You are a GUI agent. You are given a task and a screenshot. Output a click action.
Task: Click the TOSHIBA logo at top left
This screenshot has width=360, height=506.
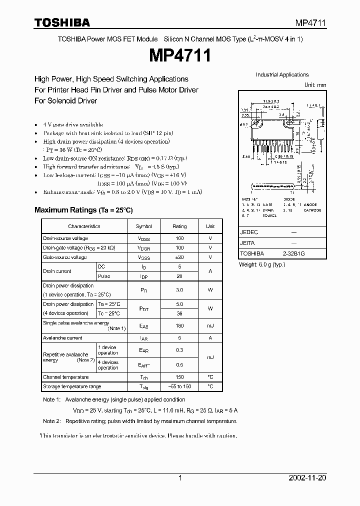62,22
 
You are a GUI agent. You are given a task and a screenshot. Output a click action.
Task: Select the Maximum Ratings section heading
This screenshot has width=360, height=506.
83,210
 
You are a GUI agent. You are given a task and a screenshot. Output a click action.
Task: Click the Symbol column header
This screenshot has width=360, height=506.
144,226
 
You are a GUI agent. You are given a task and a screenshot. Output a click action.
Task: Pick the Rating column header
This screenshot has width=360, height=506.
179,226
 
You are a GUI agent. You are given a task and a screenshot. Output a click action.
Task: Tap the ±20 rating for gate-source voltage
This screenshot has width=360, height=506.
179,257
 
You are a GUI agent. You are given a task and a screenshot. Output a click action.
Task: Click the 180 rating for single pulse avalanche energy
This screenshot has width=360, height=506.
179,326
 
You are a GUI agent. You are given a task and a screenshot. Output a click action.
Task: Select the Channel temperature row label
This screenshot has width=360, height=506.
66,377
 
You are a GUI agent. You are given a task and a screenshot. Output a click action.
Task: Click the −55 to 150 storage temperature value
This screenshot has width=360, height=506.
179,386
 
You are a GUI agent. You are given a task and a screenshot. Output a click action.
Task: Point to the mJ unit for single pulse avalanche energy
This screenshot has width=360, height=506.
210,326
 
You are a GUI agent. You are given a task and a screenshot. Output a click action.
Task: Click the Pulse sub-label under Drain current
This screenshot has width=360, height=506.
104,276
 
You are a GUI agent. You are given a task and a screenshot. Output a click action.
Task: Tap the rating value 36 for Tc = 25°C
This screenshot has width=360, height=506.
179,313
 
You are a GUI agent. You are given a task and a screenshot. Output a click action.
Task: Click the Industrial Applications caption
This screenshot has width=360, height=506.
282,75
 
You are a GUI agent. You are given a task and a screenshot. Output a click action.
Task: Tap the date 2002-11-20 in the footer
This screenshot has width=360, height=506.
307,478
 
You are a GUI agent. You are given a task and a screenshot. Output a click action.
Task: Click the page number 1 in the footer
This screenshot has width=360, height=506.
180,478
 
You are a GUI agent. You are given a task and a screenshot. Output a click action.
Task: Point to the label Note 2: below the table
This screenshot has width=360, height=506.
51,421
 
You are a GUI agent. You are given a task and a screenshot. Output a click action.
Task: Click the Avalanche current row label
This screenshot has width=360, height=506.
62,338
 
